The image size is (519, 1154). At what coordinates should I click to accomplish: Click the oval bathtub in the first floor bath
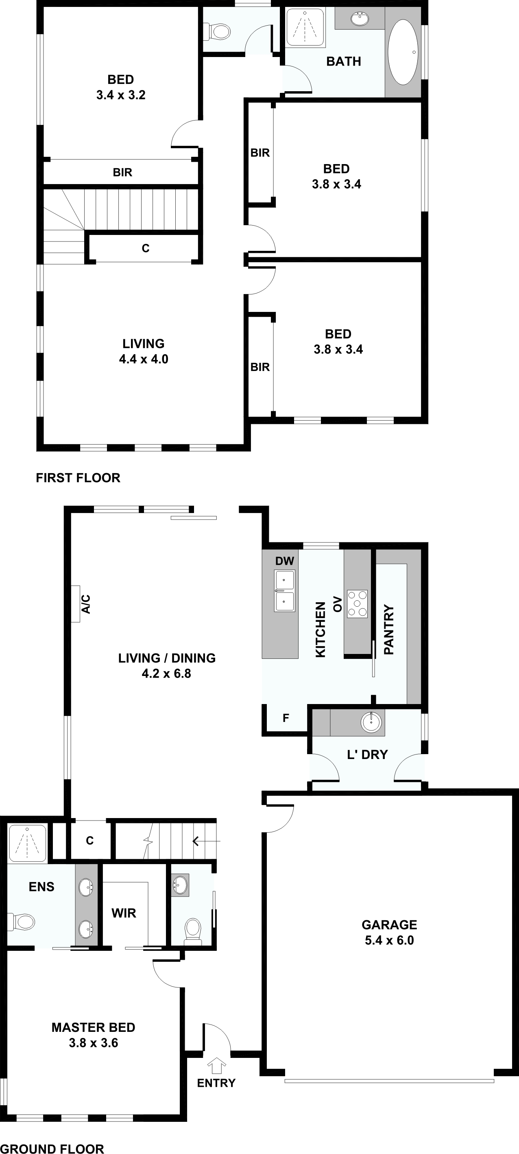point(403,52)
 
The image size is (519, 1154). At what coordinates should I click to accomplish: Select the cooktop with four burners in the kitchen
point(357,604)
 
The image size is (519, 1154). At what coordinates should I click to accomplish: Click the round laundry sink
point(371,722)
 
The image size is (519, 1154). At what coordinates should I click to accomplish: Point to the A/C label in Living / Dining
point(86,604)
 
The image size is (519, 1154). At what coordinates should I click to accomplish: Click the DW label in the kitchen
point(285,561)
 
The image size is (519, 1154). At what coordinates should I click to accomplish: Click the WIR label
point(124,913)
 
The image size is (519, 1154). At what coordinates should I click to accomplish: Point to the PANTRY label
point(389,630)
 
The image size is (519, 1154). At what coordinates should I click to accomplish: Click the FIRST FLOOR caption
point(78,478)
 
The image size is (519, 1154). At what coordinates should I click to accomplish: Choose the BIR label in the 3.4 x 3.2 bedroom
point(122,173)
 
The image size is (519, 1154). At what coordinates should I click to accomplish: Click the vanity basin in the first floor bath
point(359,19)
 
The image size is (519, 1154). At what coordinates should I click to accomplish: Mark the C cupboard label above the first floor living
point(146,248)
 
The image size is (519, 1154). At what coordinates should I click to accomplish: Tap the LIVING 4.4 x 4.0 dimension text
point(144,359)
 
